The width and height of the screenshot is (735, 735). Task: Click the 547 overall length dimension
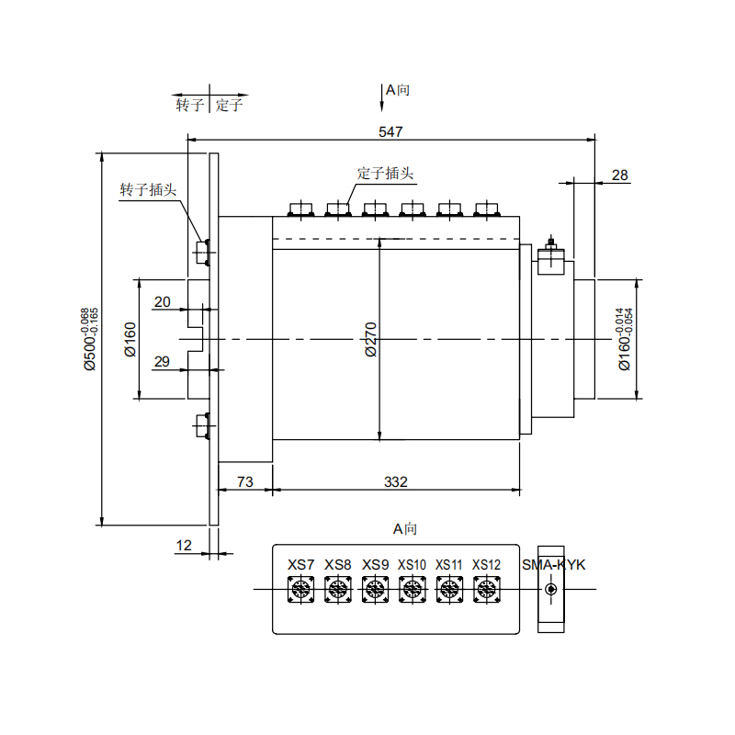coord(391,132)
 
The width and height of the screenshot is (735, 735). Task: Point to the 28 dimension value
coord(619,175)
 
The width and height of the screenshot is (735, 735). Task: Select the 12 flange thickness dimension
coord(184,546)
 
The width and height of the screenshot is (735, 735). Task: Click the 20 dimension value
coord(163,302)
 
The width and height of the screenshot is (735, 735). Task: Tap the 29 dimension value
coord(163,361)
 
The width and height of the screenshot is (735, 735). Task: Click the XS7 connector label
coord(300,564)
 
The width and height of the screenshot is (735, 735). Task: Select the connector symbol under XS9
coord(374,590)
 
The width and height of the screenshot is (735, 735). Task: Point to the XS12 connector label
coord(487,564)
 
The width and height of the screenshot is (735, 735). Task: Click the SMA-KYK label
coord(553,564)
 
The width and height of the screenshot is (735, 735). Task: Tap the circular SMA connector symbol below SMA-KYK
coord(551,590)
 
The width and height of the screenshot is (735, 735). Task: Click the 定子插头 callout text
coord(385,173)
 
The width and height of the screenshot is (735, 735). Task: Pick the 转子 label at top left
coord(190,105)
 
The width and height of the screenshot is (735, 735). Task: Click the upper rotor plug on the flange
coord(203,250)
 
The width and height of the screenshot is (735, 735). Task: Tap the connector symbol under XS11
coord(448,590)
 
